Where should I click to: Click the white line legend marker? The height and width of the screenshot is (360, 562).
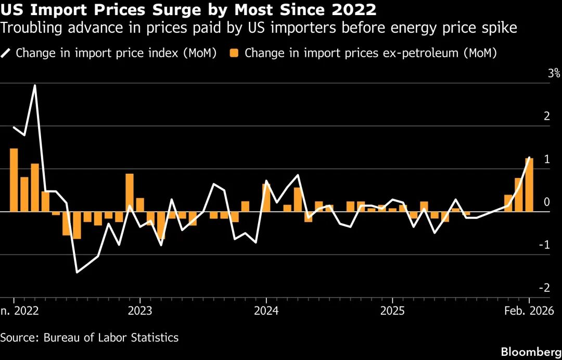pos(7,53)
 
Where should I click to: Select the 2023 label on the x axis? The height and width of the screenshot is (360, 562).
pos(139,311)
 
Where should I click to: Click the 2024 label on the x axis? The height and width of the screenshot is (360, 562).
pos(266,311)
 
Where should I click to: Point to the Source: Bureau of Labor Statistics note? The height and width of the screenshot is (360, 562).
pos(90,338)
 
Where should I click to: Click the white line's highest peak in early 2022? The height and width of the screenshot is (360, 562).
pos(35,85)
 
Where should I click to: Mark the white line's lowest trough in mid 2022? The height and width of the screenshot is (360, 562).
pos(77,272)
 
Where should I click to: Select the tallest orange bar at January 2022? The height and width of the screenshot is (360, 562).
pos(14,180)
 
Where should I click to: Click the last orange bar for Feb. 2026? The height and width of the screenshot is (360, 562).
pos(529,185)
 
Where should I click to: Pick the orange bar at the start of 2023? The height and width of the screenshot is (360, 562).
pos(130,192)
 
